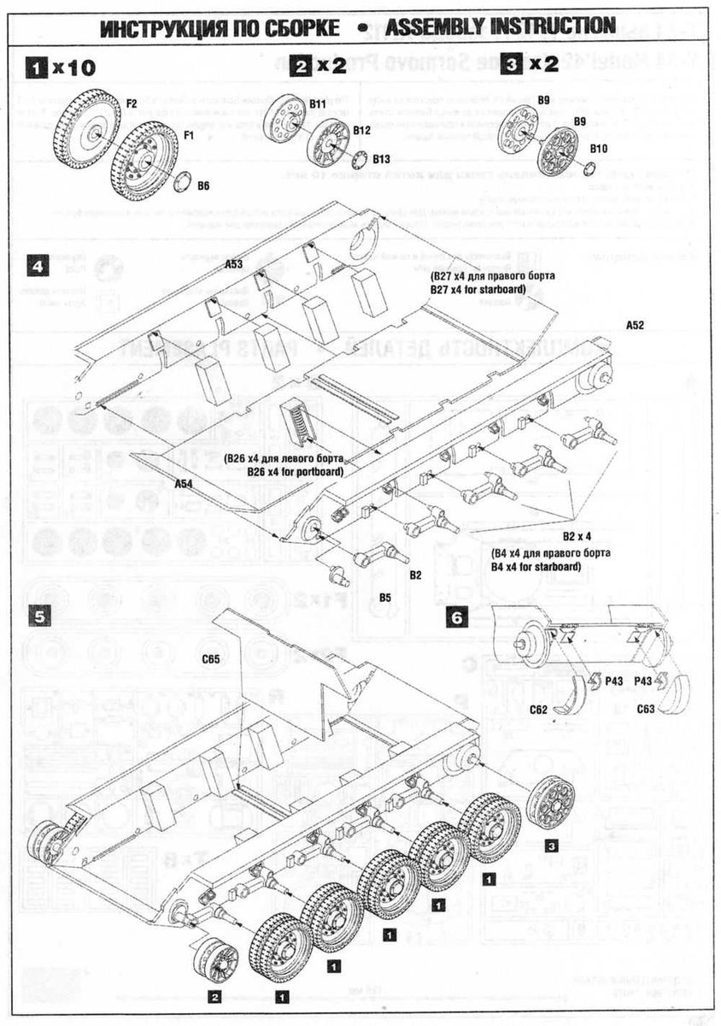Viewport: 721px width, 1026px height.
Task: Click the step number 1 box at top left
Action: point(36,66)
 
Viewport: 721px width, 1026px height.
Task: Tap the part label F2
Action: point(132,103)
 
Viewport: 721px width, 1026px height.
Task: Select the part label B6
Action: point(203,185)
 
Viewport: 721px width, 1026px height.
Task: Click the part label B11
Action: point(318,103)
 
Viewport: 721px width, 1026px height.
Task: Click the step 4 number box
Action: point(37,266)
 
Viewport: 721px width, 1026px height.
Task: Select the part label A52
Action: point(634,325)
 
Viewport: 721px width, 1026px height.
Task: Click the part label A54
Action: point(183,484)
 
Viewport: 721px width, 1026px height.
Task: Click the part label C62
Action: point(538,709)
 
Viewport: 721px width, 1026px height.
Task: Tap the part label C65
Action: point(211,658)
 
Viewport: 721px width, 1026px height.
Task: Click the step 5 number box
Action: point(37,616)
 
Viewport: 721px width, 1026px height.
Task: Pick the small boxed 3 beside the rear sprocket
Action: point(552,846)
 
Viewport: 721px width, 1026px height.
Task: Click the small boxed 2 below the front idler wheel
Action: point(215,997)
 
